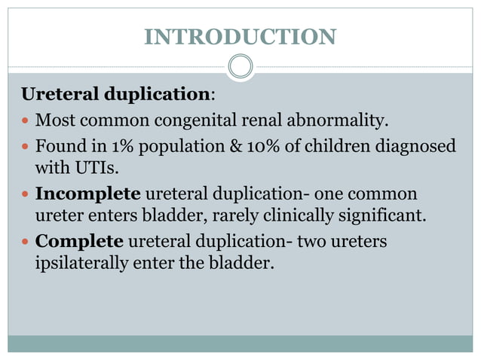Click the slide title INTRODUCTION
tap(240, 36)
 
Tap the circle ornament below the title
tap(240, 66)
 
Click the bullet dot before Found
tap(27, 145)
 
